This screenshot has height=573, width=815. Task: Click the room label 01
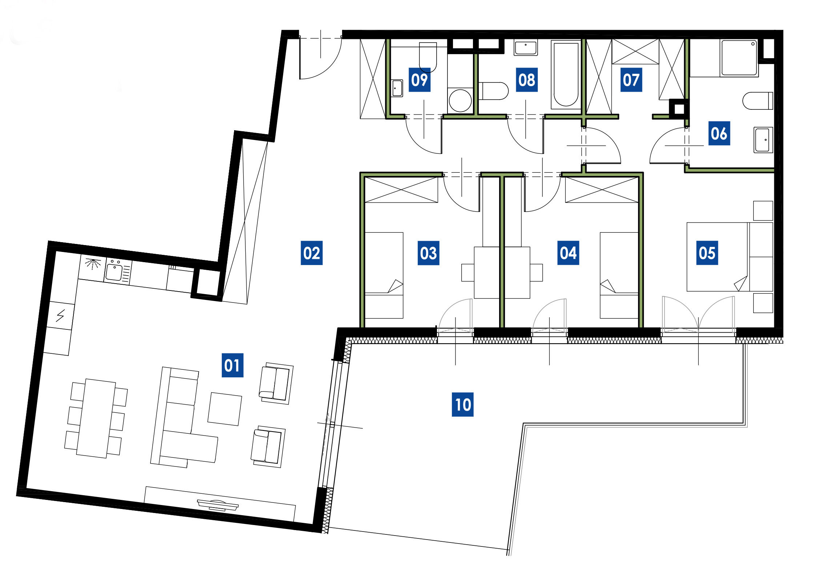click(x=232, y=365)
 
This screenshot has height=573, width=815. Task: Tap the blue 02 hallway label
click(x=312, y=253)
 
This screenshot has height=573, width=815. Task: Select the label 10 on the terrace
click(x=462, y=404)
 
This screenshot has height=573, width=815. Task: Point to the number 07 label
click(x=631, y=80)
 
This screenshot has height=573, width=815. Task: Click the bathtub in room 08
click(x=566, y=74)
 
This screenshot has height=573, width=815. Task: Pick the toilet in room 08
click(x=493, y=91)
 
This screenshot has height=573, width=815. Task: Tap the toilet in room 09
click(x=428, y=57)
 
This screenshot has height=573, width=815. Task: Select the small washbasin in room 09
click(x=397, y=88)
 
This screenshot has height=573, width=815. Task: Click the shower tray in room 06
click(x=739, y=58)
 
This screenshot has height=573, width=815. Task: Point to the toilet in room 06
click(x=758, y=101)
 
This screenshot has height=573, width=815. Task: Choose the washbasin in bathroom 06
click(x=763, y=140)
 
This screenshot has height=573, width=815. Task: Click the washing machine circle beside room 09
click(x=460, y=100)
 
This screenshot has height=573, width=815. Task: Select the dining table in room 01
click(x=96, y=418)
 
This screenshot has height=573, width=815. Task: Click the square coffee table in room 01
click(x=225, y=409)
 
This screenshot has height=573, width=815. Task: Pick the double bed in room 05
click(x=730, y=257)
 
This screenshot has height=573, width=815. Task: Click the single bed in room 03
click(x=384, y=275)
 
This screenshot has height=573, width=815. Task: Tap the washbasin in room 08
click(x=526, y=48)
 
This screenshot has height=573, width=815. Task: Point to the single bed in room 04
click(x=619, y=275)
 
